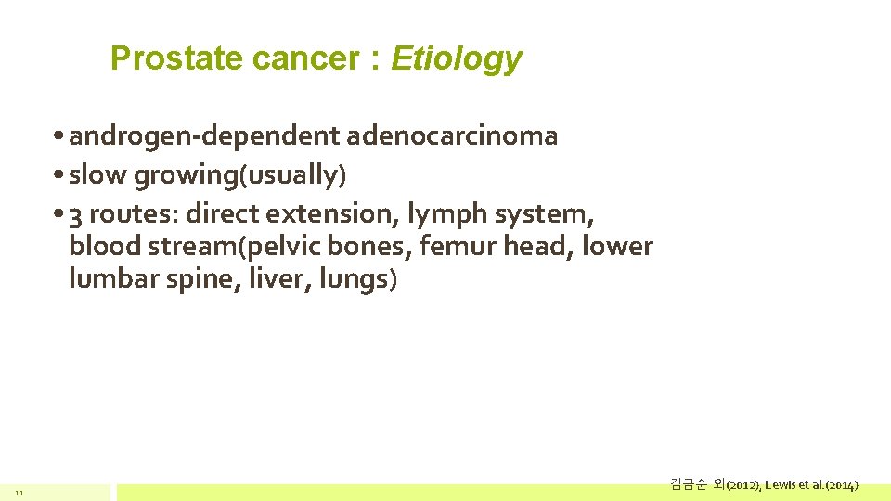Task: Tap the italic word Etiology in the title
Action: click(x=457, y=59)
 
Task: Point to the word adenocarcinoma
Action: click(x=452, y=137)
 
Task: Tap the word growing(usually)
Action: click(x=240, y=175)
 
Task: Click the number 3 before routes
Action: click(x=76, y=214)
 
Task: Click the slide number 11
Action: click(x=18, y=492)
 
